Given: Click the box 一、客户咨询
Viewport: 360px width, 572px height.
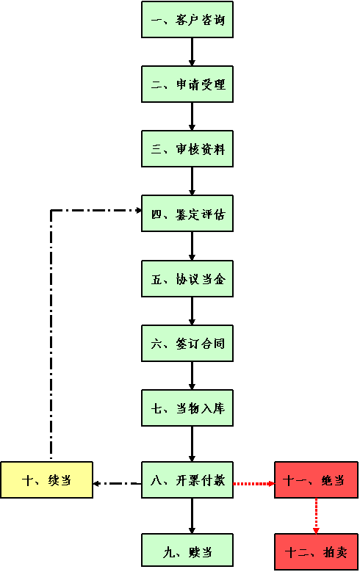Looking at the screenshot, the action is coord(187,19).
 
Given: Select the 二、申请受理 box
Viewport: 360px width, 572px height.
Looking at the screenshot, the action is coord(187,84).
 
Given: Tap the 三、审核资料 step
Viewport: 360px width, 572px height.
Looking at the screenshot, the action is coord(187,149).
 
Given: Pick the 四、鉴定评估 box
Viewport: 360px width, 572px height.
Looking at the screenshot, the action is coord(187,214).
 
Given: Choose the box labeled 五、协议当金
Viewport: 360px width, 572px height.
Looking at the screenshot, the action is coord(187,278).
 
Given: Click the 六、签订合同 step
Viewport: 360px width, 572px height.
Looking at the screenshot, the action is coord(187,343).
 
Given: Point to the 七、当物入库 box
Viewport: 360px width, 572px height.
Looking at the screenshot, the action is coord(187,408).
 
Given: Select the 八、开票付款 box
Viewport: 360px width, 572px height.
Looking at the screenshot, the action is coord(187,479).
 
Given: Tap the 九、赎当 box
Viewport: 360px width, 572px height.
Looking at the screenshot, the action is coord(187,551).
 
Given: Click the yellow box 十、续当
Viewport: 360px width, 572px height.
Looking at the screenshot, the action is coord(47,479).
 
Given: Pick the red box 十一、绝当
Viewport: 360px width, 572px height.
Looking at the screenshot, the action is coord(316,479).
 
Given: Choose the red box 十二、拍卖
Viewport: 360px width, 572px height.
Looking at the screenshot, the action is coord(316,551).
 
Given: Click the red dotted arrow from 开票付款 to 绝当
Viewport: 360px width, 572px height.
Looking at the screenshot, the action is coord(253,484).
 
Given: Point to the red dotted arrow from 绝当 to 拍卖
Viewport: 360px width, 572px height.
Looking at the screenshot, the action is coord(316,515).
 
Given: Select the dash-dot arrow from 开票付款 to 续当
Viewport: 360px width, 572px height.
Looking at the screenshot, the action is coord(118,484).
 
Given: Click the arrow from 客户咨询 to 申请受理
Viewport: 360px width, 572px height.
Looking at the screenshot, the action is coord(192,52).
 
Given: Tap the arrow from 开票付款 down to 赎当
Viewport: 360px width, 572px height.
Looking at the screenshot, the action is coord(192,515).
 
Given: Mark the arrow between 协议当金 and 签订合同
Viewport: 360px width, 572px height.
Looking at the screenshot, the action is coord(192,311).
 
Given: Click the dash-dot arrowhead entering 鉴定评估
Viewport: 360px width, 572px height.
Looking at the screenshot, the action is coord(139,210).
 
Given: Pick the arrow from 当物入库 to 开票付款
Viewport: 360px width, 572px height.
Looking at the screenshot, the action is coord(192,444).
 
